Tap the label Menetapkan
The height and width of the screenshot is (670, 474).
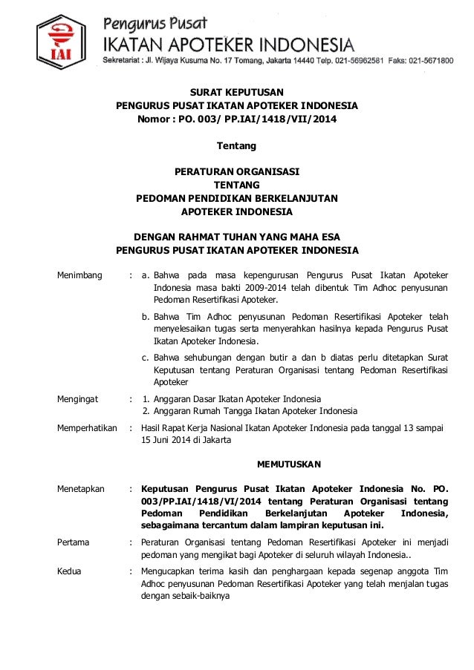[x=82, y=489]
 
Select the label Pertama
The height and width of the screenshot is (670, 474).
[x=74, y=542]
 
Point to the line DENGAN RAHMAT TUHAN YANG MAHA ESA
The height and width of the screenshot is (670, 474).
[x=237, y=238]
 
